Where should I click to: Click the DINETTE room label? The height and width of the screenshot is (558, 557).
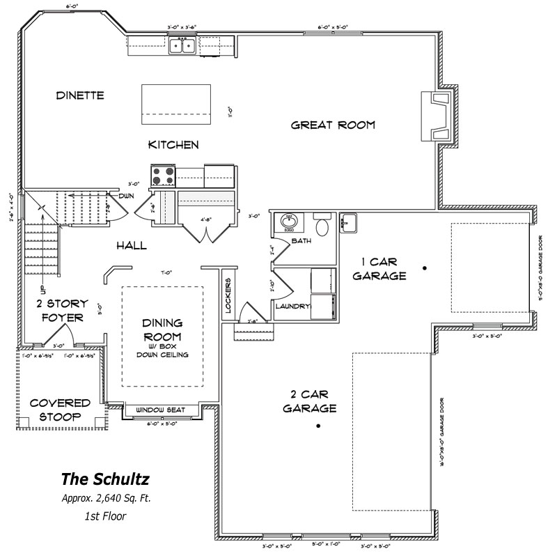(80, 95)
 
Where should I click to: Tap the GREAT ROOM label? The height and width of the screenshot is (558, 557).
(333, 125)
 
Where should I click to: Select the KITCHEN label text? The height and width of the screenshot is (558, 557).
(173, 145)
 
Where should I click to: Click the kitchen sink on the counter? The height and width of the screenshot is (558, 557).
(182, 45)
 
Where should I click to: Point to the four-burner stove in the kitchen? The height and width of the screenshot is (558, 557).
(164, 176)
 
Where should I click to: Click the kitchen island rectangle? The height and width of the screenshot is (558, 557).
(176, 103)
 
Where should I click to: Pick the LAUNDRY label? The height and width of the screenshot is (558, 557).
(292, 307)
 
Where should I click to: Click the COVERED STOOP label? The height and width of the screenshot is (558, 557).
(60, 410)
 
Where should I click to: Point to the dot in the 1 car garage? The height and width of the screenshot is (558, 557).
(423, 268)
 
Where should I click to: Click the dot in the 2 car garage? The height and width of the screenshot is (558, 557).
(318, 426)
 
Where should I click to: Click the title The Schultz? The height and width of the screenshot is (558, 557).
(104, 479)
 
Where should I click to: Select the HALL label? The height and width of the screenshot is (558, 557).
(131, 245)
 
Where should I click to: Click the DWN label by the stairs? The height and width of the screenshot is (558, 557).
(126, 196)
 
